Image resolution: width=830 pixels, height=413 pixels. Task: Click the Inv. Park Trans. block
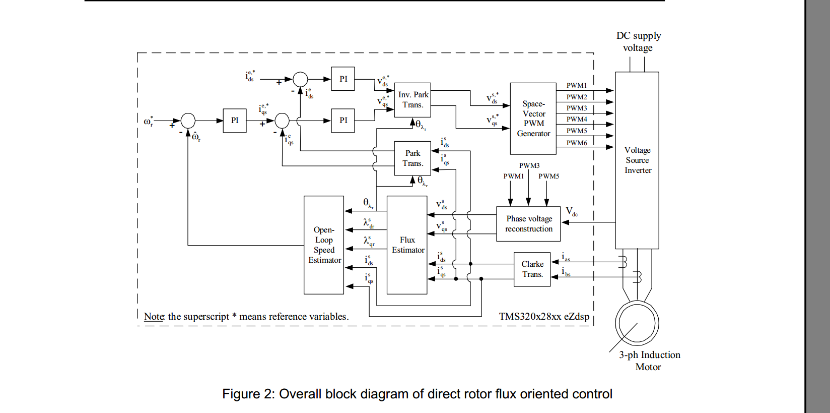coord(412,100)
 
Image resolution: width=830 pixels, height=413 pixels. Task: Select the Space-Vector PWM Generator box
coord(533,119)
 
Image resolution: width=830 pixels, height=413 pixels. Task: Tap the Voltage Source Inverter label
coord(637,160)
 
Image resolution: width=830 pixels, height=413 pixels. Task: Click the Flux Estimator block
coord(407,245)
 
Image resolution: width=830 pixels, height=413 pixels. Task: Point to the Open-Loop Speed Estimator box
coord(324,245)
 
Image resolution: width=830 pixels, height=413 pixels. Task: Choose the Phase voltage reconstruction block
coord(528,224)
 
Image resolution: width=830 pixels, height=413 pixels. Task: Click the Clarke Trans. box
coord(532,269)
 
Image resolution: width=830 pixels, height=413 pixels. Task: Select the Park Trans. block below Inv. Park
coord(412,158)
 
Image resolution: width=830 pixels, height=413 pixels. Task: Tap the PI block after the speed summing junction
coord(235,121)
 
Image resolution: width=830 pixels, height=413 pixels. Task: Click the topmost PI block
coord(343,79)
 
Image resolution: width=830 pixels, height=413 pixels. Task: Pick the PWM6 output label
coord(577,143)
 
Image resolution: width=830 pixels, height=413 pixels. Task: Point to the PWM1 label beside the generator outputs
coord(577,86)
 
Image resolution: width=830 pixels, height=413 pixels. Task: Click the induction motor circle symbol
coord(637,323)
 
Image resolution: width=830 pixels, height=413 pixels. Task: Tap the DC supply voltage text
coord(638,42)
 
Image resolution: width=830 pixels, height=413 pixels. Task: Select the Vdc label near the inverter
coord(572,211)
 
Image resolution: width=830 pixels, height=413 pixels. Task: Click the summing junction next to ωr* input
coord(188,121)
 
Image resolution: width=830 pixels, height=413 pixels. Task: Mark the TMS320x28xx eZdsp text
coord(544,317)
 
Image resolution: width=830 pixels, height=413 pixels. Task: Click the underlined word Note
coord(154,317)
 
